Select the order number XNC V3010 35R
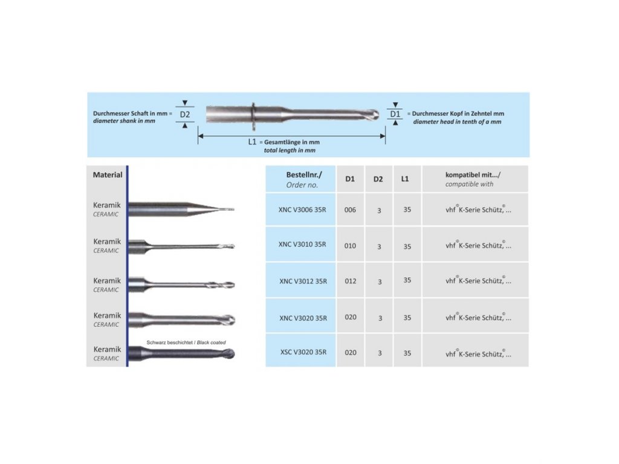point(302,245)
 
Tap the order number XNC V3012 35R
point(303,281)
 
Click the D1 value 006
point(350,210)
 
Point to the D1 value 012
point(350,281)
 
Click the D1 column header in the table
point(350,179)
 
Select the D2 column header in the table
point(378,179)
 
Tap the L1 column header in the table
point(405,179)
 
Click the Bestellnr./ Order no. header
point(302,179)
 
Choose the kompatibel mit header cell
point(473,179)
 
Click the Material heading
point(108,175)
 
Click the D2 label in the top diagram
point(185,114)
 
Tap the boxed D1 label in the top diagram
point(395,114)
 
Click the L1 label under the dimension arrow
point(253,142)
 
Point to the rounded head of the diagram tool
point(374,114)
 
